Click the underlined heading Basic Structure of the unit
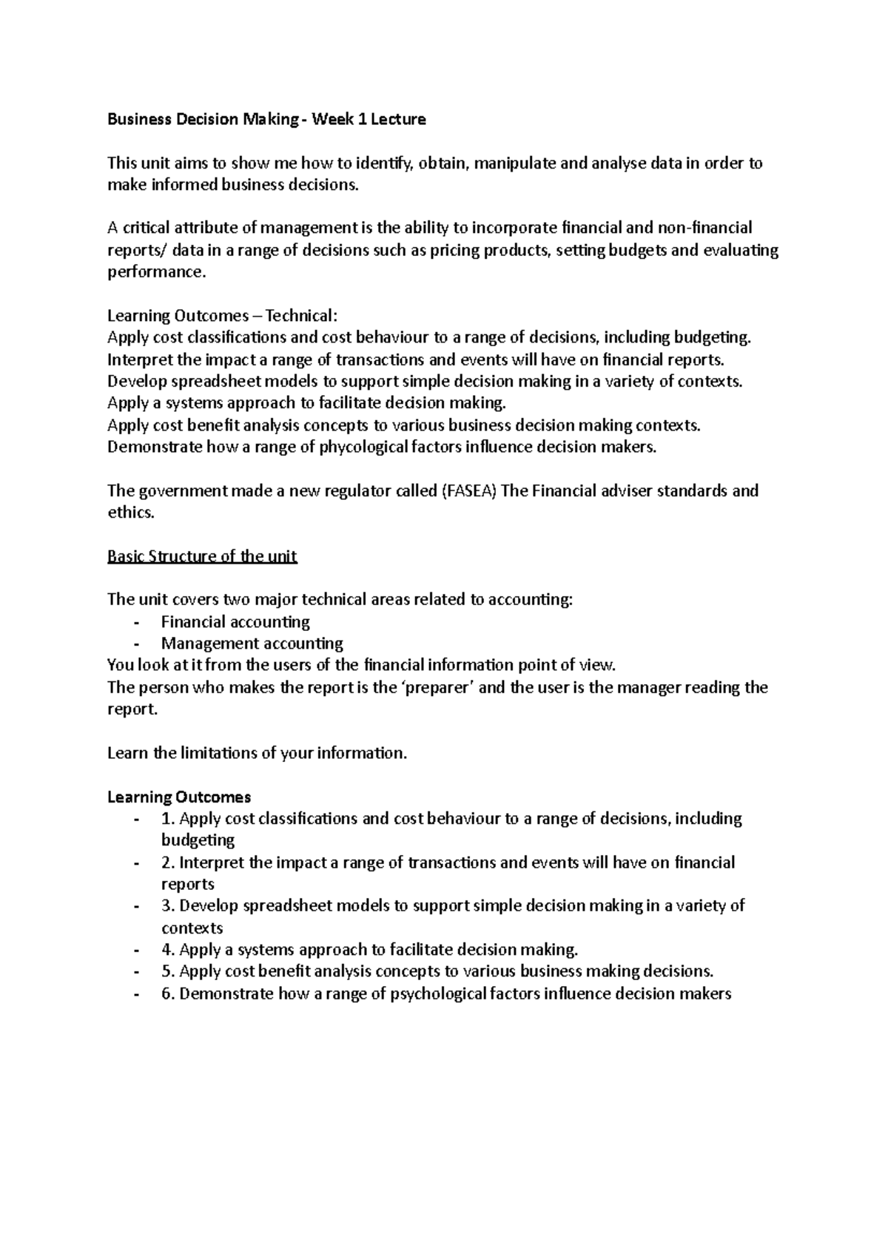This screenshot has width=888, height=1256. click(x=202, y=556)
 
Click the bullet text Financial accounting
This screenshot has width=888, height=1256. click(x=235, y=621)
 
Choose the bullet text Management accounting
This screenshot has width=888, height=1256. click(x=252, y=644)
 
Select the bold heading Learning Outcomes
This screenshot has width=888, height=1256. click(x=179, y=797)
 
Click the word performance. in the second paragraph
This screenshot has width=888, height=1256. click(x=155, y=271)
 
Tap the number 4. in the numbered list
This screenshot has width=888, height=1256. click(x=168, y=950)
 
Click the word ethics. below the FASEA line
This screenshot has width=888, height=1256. click(x=131, y=513)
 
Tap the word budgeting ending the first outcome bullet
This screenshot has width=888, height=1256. click(x=198, y=840)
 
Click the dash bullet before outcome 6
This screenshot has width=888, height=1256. click(x=135, y=993)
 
